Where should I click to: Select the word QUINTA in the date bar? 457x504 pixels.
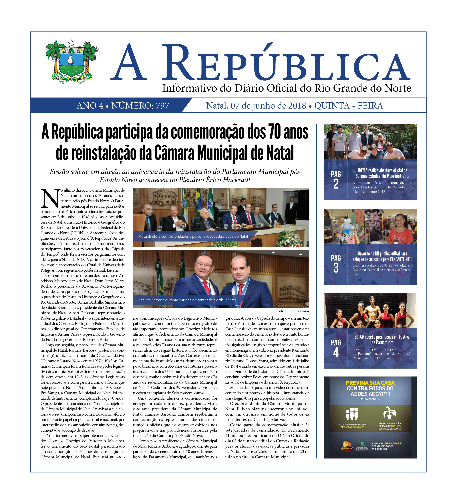point(332,106)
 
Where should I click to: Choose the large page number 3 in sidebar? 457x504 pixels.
point(336,268)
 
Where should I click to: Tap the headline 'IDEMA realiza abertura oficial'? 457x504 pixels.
point(382,173)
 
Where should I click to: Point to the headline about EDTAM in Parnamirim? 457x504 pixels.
point(382,339)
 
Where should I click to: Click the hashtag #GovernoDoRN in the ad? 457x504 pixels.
point(370,399)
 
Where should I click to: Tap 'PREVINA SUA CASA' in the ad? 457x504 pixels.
point(370,383)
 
